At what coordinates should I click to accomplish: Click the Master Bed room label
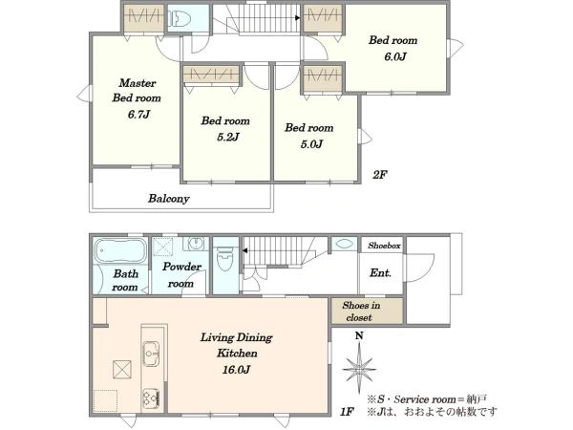click(x=137, y=91)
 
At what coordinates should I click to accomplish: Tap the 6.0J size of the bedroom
click(x=395, y=56)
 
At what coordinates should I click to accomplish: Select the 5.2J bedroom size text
click(x=227, y=137)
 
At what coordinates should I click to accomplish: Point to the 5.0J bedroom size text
click(x=311, y=144)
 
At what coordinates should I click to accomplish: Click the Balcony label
click(x=168, y=199)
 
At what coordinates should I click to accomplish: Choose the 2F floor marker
click(x=380, y=175)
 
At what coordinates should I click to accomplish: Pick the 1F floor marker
click(x=347, y=412)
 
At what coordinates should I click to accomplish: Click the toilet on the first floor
click(x=224, y=259)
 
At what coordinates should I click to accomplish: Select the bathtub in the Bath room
click(x=120, y=250)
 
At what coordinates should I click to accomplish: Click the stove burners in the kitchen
click(x=151, y=398)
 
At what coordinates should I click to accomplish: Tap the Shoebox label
click(x=384, y=246)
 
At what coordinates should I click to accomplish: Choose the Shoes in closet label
click(x=360, y=312)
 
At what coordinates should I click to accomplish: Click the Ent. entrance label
click(x=380, y=272)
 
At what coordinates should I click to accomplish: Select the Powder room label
click(x=181, y=275)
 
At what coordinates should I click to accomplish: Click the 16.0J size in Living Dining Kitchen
click(x=237, y=370)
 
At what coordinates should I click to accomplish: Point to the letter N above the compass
click(x=360, y=335)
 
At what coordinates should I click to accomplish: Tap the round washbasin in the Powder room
click(x=198, y=243)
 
